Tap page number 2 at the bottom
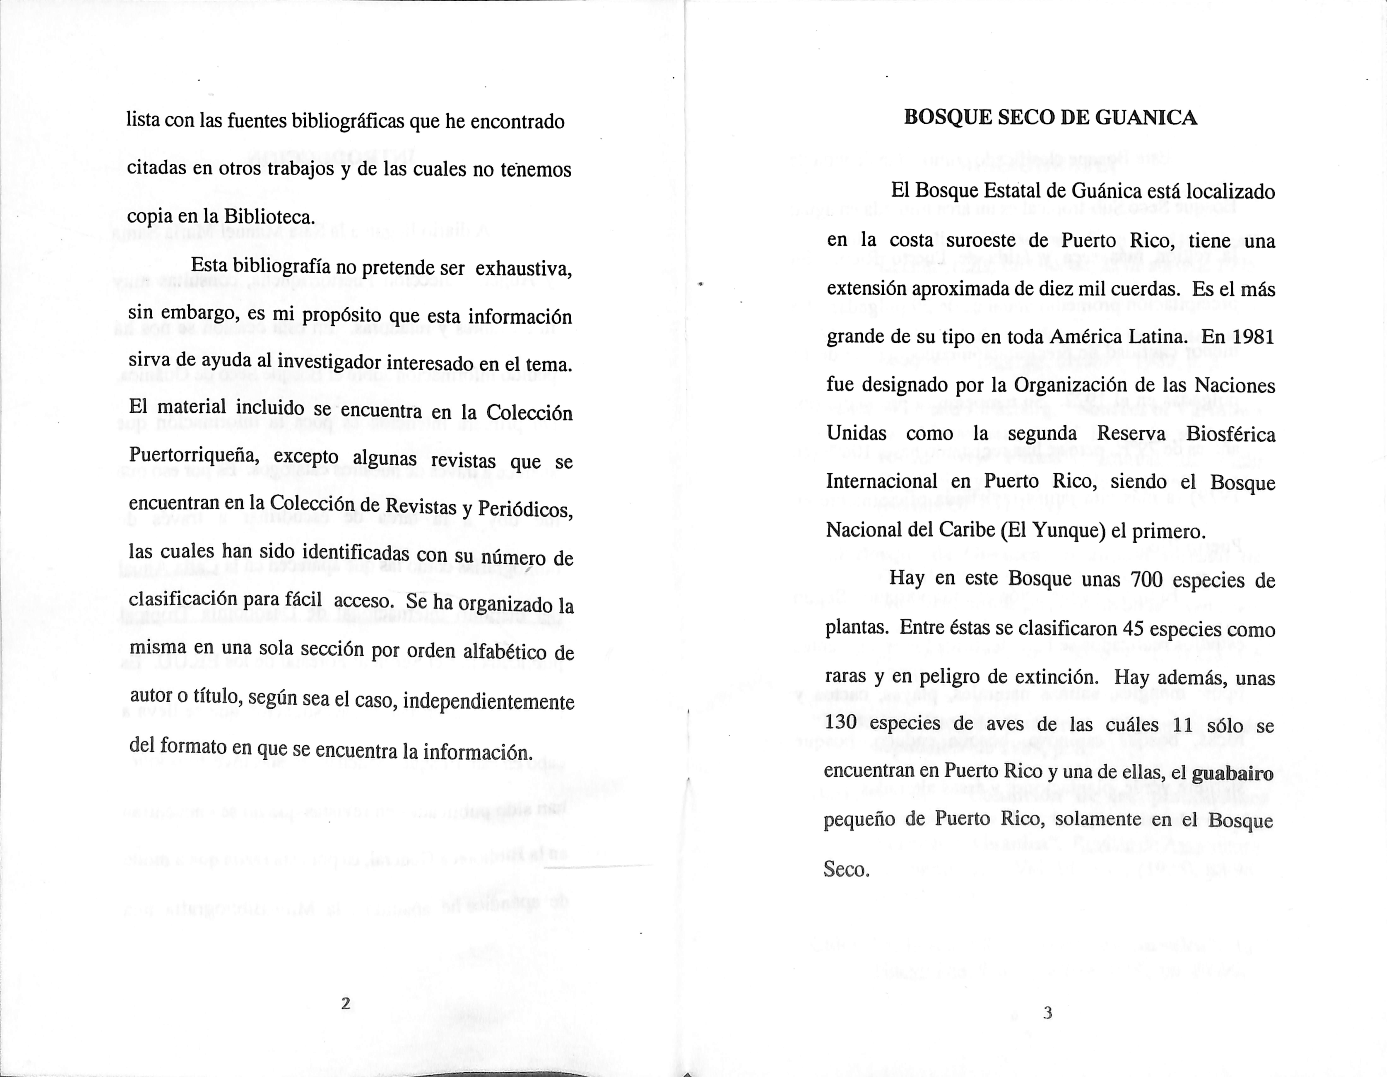pos(346,1003)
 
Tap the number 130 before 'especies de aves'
pos(842,723)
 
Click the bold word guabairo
pos(1232,774)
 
